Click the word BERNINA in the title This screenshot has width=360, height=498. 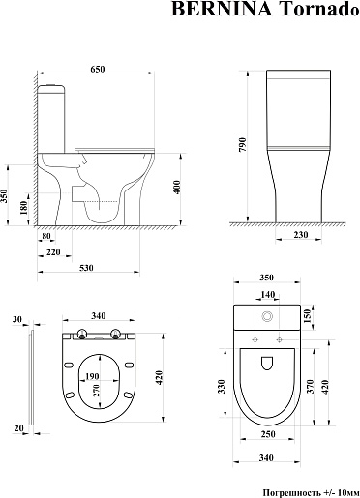point(223,9)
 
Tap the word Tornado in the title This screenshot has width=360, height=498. point(319,9)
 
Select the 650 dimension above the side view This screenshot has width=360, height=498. point(98,69)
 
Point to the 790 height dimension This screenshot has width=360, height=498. point(243,145)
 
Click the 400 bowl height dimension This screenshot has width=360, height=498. point(177,188)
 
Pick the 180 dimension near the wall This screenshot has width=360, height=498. point(23,208)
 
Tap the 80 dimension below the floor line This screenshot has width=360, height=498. point(46,236)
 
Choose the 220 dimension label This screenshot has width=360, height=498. point(53,252)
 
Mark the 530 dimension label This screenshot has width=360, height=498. point(86,268)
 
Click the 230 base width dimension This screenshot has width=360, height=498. point(301,235)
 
